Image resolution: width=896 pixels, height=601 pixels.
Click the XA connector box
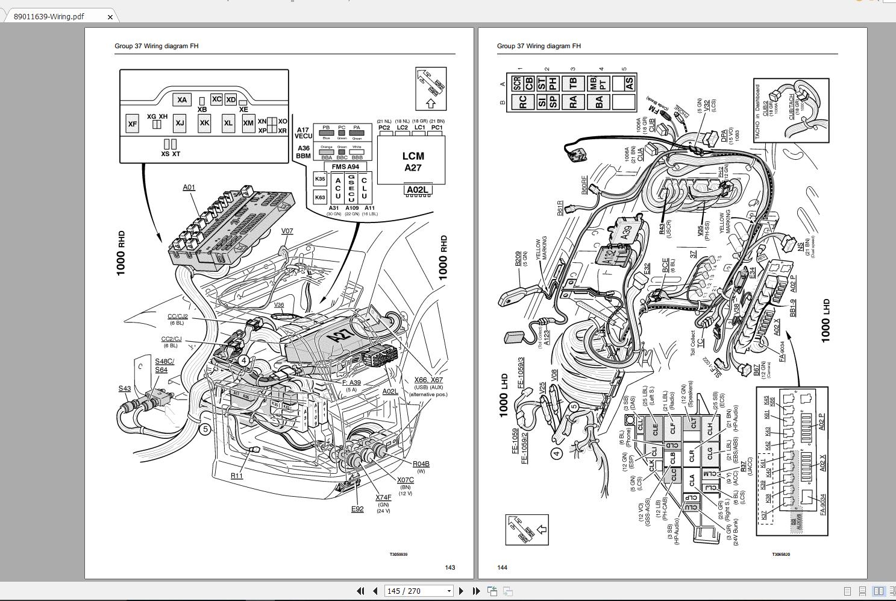(x=182, y=100)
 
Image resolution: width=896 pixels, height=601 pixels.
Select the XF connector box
(x=132, y=124)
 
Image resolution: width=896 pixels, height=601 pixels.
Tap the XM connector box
(x=248, y=123)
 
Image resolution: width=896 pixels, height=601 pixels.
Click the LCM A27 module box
(x=413, y=160)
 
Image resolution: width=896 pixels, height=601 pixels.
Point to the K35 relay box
(x=320, y=179)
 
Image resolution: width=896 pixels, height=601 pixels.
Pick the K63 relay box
(x=320, y=197)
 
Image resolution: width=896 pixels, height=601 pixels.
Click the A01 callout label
(x=189, y=187)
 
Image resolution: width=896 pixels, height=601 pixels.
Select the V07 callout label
(x=287, y=231)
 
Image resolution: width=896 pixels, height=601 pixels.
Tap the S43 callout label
(x=124, y=389)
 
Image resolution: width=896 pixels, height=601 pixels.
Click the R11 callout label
(x=237, y=476)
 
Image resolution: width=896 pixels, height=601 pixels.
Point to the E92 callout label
(x=357, y=509)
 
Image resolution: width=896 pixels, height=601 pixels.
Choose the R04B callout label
(x=421, y=464)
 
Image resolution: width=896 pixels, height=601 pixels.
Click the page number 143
(x=450, y=567)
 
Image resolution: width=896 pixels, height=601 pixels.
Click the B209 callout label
(x=518, y=259)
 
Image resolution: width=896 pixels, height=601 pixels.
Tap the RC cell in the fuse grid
(x=522, y=102)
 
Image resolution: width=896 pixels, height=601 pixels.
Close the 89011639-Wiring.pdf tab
(x=110, y=17)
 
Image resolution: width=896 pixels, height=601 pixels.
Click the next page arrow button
(x=462, y=591)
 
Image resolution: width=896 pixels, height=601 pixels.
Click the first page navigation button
(x=360, y=591)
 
